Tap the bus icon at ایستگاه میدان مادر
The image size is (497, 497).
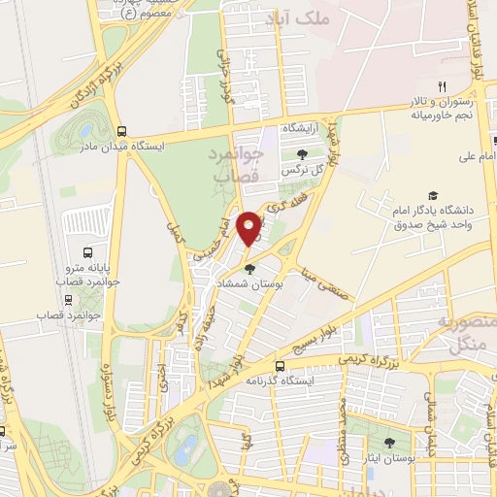pos(121,131)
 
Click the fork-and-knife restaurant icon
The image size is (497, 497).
pos(442,89)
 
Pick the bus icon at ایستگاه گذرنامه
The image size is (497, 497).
pos(280,366)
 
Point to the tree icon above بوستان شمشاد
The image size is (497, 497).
pos(250,269)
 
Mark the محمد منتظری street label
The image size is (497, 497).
pos(340,427)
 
